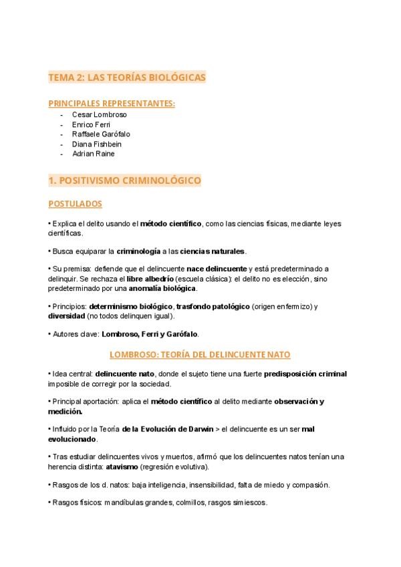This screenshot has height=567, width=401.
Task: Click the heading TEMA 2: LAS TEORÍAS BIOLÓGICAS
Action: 127,78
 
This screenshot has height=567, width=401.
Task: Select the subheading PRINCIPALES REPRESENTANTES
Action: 112,103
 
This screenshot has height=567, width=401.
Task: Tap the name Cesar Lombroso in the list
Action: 99,114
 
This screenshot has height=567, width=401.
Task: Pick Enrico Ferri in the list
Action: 91,124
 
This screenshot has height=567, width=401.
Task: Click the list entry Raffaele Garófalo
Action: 101,134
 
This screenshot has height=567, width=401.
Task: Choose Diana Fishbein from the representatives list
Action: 96,144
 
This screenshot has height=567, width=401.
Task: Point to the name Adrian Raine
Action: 93,154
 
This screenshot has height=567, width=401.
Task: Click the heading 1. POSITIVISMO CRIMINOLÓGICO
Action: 124,181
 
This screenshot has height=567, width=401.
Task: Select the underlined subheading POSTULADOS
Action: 75,203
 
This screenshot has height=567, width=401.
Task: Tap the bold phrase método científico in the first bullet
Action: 171,223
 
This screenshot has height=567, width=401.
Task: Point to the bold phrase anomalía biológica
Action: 166,288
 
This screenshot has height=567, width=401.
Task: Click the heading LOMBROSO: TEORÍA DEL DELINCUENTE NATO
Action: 200,354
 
